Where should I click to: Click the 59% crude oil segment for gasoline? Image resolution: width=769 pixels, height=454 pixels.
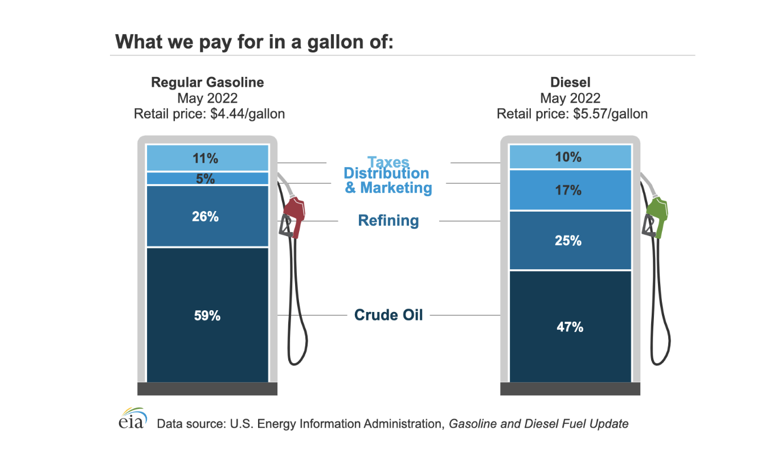point(207,315)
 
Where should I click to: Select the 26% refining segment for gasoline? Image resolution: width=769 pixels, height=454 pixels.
point(207,217)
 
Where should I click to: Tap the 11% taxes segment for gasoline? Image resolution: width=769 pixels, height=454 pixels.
point(207,158)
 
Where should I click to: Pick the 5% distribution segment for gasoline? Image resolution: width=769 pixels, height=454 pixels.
point(207,179)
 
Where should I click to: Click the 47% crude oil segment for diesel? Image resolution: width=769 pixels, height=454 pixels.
point(570,326)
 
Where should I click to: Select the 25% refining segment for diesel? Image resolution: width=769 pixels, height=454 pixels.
point(570,240)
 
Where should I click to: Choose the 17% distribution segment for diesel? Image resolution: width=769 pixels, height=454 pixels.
point(570,190)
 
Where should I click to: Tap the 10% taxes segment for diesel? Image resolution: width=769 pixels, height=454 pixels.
point(570,157)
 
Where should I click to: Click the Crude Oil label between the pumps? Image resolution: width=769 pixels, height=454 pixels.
point(388,315)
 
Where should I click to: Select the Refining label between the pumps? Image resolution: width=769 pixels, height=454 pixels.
point(388,221)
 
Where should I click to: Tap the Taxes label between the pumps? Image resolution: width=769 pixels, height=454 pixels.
point(388,162)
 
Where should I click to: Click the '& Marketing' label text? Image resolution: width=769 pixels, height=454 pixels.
point(388,188)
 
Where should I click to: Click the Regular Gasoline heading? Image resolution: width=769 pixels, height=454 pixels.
point(207,82)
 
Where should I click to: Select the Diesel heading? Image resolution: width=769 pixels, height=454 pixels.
point(570,82)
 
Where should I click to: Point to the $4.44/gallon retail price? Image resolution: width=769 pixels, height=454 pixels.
point(247,113)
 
